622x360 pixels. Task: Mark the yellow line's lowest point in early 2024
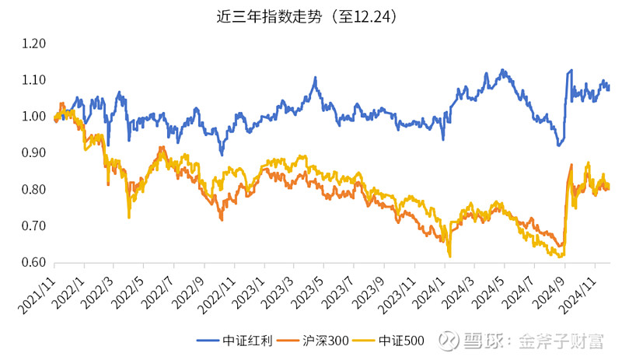(449, 256)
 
